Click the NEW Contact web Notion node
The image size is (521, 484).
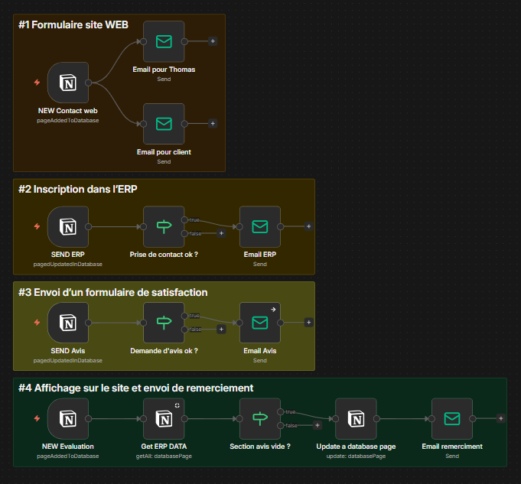(68, 83)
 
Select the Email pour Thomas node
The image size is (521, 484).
(164, 41)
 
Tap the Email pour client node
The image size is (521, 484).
(164, 124)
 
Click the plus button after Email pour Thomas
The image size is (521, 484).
(213, 41)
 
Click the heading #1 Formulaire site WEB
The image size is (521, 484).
(73, 24)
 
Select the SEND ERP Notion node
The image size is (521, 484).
(68, 226)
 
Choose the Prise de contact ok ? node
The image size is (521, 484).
(164, 226)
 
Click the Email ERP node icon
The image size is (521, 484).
(260, 226)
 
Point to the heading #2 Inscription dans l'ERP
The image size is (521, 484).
(78, 188)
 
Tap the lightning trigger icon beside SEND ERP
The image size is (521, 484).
(37, 226)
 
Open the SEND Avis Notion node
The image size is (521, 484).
(68, 323)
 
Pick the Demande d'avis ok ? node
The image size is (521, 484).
(164, 323)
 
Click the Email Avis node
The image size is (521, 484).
(260, 323)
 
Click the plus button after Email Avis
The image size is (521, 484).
(308, 323)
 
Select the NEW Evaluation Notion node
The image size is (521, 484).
(68, 418)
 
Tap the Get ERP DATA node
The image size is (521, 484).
(164, 418)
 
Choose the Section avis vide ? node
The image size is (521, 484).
(260, 418)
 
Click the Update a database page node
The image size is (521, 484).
(356, 418)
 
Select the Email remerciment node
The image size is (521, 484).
(452, 418)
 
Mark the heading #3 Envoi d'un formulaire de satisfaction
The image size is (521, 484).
(113, 292)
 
